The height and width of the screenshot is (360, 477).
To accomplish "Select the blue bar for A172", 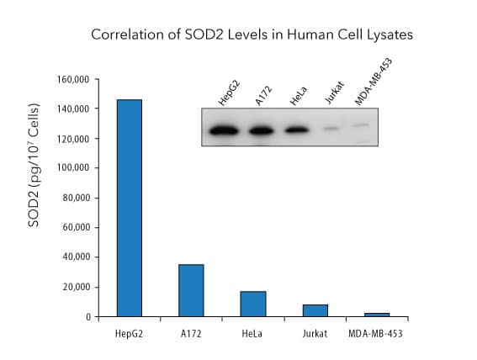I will tap(191, 290).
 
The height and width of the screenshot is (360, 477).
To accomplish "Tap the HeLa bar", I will tap(253, 304).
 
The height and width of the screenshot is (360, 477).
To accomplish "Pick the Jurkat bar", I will tap(315, 310).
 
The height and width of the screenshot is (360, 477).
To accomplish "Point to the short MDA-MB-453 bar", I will tap(377, 315).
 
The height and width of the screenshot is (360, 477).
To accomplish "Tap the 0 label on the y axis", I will tap(88, 317).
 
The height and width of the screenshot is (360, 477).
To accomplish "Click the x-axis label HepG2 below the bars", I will tap(130, 335).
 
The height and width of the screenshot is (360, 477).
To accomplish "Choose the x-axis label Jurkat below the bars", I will tap(315, 335).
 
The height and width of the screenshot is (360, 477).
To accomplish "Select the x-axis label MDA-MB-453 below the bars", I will tap(377, 335).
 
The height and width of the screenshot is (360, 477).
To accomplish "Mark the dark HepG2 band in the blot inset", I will tap(225, 130).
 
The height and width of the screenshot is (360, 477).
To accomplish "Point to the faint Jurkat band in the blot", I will tap(331, 130).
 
